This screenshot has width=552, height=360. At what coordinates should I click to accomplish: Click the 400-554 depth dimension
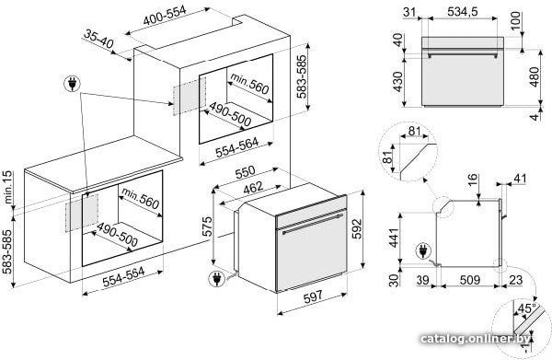(165, 15)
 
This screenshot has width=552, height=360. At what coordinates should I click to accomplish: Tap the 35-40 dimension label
(98, 39)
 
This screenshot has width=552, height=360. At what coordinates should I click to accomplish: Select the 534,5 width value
(463, 12)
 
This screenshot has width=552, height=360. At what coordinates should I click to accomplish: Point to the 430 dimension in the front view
(397, 82)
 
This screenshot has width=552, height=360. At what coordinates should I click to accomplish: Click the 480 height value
(535, 76)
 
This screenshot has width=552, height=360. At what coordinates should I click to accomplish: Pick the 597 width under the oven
(313, 296)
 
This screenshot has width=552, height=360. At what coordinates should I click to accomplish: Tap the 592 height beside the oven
(357, 229)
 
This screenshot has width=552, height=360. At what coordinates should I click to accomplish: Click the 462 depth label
(253, 188)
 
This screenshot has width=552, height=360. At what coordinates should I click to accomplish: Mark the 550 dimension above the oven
(245, 172)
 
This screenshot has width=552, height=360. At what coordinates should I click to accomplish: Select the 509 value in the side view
(470, 280)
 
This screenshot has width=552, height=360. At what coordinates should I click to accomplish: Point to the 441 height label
(394, 238)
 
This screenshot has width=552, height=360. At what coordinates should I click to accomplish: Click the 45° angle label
(526, 308)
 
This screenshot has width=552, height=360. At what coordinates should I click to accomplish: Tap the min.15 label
(8, 187)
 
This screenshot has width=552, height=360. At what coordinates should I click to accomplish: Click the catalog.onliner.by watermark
(476, 339)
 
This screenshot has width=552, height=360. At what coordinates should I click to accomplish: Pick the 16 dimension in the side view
(473, 180)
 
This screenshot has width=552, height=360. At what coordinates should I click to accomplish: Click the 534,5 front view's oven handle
(463, 55)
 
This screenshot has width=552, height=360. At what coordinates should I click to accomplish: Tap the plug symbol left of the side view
(423, 251)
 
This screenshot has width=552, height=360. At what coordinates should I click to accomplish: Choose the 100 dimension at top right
(515, 21)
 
